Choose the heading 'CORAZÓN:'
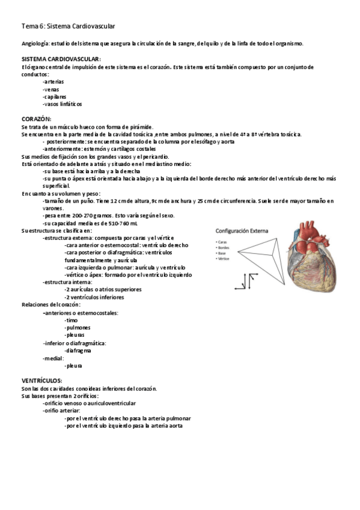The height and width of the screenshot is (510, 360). (x=36, y=119)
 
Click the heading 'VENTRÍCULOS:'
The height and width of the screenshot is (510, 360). (x=41, y=381)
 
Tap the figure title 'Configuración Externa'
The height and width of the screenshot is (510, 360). (x=243, y=231)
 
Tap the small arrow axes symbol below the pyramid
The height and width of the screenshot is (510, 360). (x=248, y=281)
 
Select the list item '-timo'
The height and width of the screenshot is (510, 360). (x=70, y=321)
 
